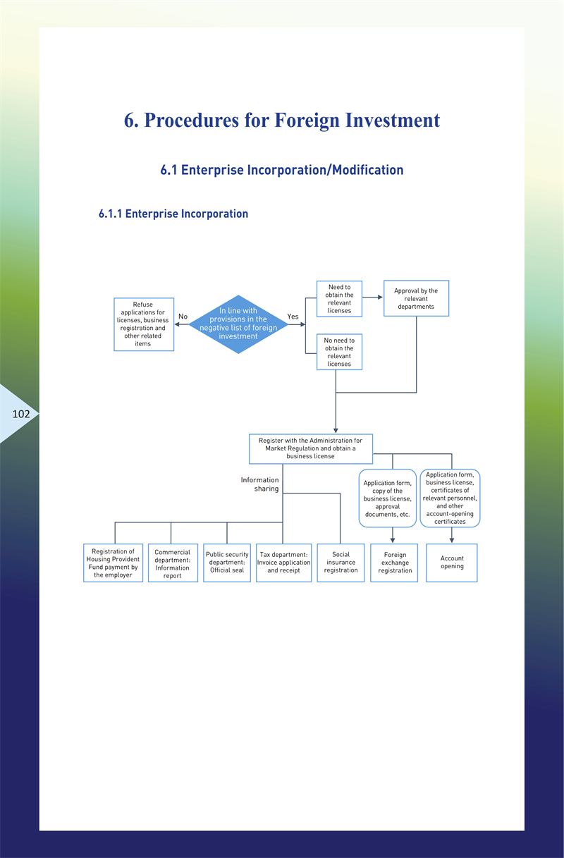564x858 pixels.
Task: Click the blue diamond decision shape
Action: (238, 324)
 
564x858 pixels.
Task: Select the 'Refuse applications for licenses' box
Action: (144, 324)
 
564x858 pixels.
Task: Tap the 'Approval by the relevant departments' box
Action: (416, 299)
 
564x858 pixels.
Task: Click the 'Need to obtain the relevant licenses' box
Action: (339, 299)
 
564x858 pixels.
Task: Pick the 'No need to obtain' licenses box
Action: (339, 352)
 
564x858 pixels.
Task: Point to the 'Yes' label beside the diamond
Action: (293, 317)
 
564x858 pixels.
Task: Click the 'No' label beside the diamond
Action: (183, 317)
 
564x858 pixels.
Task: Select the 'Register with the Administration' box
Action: (310, 448)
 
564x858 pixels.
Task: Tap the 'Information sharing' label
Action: (260, 484)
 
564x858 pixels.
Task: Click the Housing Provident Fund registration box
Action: (113, 563)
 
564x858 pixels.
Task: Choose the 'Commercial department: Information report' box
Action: (173, 563)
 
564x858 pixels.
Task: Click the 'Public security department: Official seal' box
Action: (227, 563)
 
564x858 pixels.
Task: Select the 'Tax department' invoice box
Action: (283, 563)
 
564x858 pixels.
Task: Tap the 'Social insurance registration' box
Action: (341, 563)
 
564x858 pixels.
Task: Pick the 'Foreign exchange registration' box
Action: (395, 563)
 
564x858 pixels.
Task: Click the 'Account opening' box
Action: (452, 563)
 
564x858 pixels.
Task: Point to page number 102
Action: (21, 414)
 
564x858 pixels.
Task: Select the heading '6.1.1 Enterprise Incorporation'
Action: (173, 214)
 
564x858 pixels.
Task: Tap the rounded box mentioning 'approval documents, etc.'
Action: (387, 498)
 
